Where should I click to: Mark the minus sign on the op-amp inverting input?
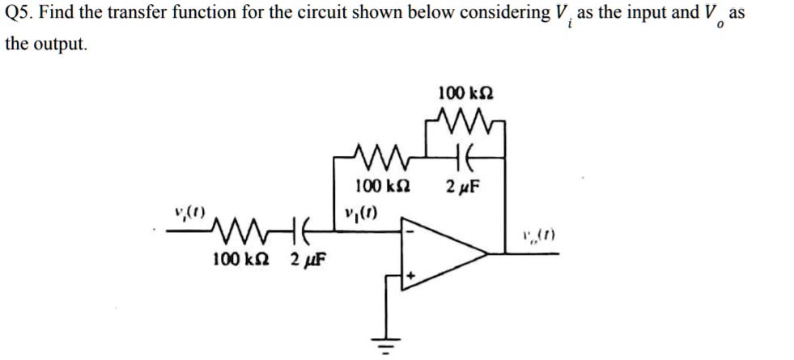pyautogui.click(x=410, y=231)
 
